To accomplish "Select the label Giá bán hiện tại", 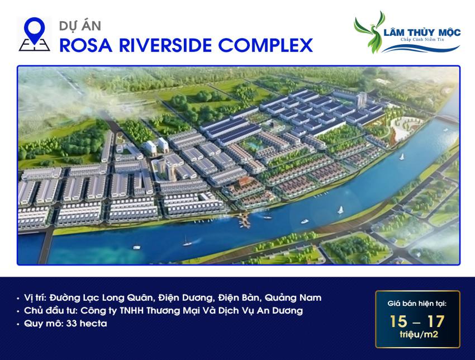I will click(x=417, y=305).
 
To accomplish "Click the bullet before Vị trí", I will click(x=20, y=297).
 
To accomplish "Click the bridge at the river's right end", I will click(x=447, y=120).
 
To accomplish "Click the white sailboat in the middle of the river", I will click(x=340, y=210).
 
